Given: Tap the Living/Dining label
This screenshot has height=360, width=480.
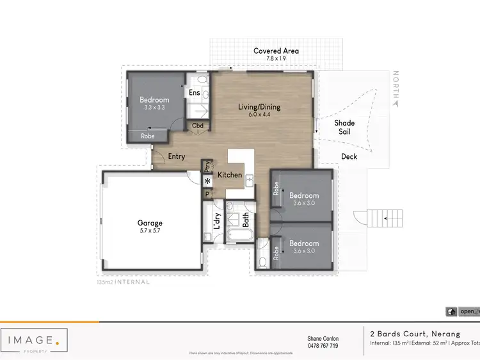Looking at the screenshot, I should coord(259,107).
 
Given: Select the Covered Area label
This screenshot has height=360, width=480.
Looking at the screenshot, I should coord(276,51).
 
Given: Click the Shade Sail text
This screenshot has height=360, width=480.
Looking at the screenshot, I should coord(344,127).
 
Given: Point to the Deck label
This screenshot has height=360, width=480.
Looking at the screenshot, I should coord(349,156).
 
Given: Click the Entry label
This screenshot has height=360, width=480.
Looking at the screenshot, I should coord(176,157).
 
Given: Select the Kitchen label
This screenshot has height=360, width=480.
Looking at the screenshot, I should coord(230,175).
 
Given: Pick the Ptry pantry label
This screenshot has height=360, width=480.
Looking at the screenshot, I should coord(207,167).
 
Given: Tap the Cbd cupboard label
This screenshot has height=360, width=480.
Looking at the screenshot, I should coord(198,126).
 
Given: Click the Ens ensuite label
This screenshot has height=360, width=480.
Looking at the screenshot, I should coord(195,93).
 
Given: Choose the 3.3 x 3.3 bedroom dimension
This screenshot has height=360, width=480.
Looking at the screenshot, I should coord(154,108).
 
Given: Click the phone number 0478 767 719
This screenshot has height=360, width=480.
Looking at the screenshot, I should coord(323,346).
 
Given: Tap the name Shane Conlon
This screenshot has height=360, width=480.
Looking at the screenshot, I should coord(323,338).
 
